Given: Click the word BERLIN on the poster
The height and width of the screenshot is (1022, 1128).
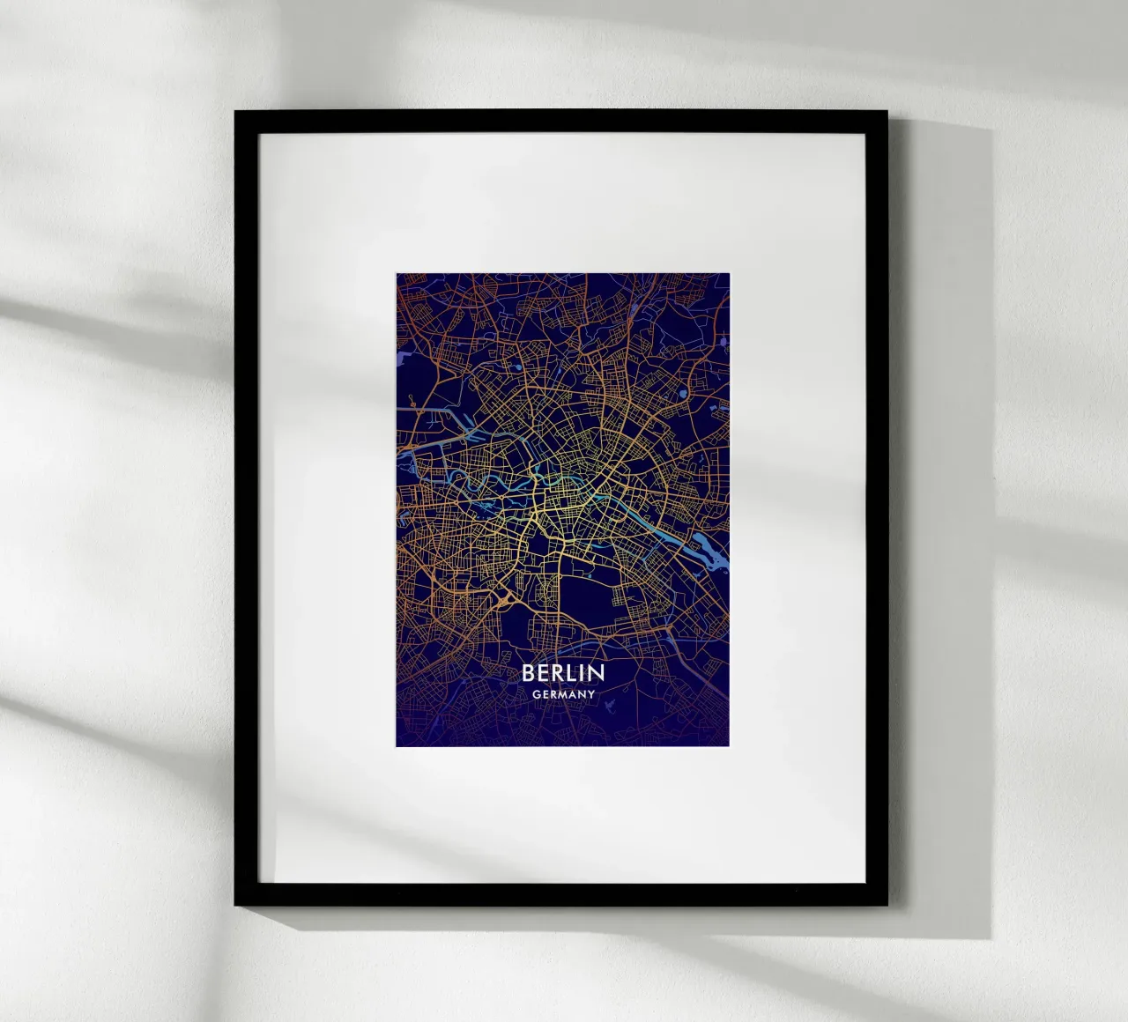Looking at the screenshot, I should [563, 673].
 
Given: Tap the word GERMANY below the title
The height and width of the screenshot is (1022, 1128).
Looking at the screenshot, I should [563, 694].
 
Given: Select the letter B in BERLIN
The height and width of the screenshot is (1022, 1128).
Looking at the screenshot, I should [529, 673].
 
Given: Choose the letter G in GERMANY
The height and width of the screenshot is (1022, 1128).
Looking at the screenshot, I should [536, 694].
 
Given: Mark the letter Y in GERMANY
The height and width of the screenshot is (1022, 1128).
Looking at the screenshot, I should [591, 694].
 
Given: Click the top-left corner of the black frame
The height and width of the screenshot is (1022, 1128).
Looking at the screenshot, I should [235, 111].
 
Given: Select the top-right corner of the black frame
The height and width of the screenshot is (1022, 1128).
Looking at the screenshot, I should [887, 111].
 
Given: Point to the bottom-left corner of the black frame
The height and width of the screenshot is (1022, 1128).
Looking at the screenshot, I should [235, 904].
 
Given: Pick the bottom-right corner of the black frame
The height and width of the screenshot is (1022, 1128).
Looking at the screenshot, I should [887, 904].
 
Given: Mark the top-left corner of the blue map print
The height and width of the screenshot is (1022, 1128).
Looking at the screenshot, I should [397, 274].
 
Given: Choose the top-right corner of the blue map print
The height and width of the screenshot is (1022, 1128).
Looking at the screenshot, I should [730, 274].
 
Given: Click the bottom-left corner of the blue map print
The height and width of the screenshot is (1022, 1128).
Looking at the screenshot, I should [397, 746].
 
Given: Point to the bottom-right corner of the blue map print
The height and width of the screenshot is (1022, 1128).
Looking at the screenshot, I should [730, 746].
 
